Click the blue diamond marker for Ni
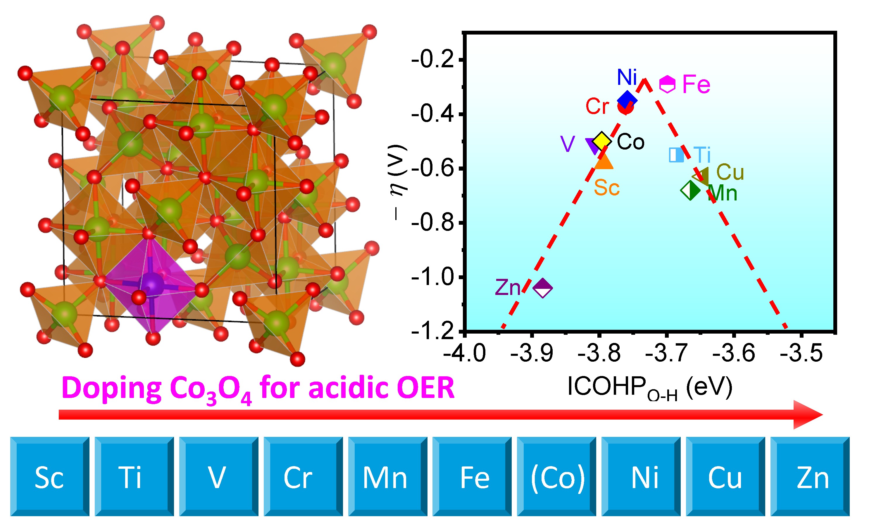pyautogui.click(x=627, y=100)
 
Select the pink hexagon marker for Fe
pyautogui.click(x=667, y=84)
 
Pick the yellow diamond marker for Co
pyautogui.click(x=602, y=140)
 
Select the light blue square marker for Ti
pyautogui.click(x=676, y=155)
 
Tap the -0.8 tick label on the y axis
pyautogui.click(x=433, y=223)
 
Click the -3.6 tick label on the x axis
pyautogui.click(x=734, y=353)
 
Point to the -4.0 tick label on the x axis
pyautogui.click(x=465, y=353)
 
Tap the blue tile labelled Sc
pyautogui.click(x=50, y=477)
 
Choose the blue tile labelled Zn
pyautogui.click(x=810, y=477)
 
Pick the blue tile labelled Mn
pyautogui.click(x=388, y=477)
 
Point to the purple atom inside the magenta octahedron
pyautogui.click(x=152, y=284)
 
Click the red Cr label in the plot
pyautogui.click(x=597, y=106)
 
